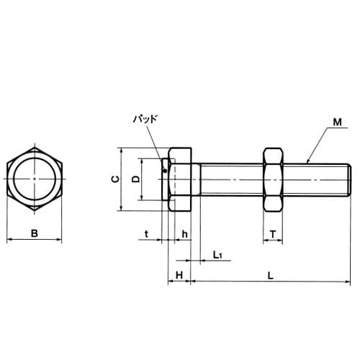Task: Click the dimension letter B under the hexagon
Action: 35,233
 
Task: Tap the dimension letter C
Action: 115,179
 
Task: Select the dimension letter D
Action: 136,179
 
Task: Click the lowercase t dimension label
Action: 147,234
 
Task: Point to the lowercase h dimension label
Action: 184,234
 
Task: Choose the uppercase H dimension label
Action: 179,275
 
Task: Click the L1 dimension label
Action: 217,255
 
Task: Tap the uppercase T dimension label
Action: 273,234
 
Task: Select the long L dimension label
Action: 271,276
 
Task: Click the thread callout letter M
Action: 337,122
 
